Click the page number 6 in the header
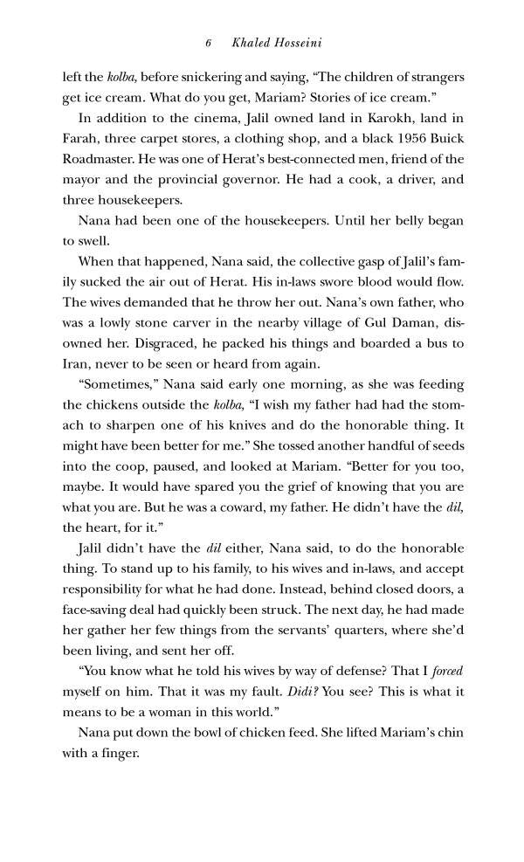209,43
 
